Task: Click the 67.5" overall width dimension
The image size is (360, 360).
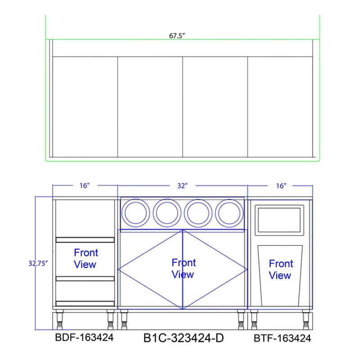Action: click(177, 36)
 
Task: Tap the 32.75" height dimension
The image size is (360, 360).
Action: click(38, 263)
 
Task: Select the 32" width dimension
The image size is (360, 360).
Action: click(183, 186)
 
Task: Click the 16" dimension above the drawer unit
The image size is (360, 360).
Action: click(85, 185)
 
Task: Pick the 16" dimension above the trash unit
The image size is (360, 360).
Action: click(281, 186)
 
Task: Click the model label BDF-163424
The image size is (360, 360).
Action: click(84, 337)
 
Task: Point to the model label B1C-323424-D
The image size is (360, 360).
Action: click(184, 338)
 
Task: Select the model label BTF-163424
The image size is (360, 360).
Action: click(283, 338)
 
